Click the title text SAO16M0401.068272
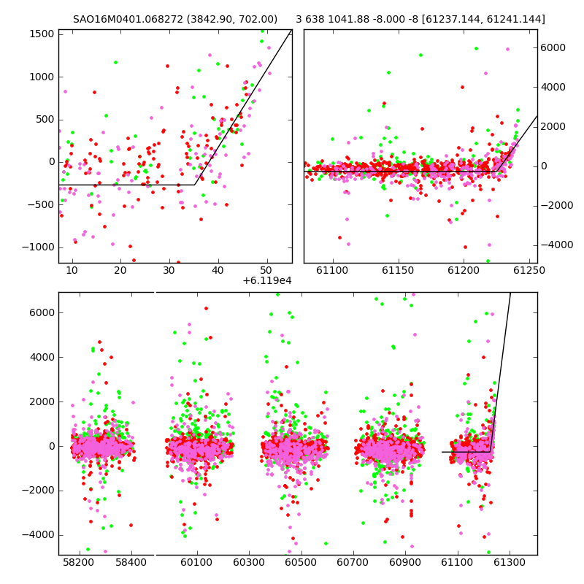(x=128, y=19)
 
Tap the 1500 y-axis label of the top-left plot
(x=42, y=34)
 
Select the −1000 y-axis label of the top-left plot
(x=39, y=247)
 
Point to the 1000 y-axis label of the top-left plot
(x=42, y=77)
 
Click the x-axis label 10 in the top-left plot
(x=72, y=270)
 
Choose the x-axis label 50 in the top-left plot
(x=266, y=270)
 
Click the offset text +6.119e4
(x=267, y=281)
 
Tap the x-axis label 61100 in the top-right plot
(x=332, y=270)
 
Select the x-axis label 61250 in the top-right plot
(x=529, y=270)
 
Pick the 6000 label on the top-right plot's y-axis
(x=553, y=47)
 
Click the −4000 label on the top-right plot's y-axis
(x=557, y=245)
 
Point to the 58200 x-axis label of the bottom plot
(x=78, y=562)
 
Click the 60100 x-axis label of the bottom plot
(x=196, y=562)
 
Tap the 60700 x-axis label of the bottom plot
(x=353, y=562)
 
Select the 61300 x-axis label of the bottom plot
(x=509, y=562)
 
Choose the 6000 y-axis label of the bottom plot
(x=42, y=313)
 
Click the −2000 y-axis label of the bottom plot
(x=39, y=491)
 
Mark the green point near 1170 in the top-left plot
(x=115, y=62)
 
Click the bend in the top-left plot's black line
(x=194, y=185)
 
